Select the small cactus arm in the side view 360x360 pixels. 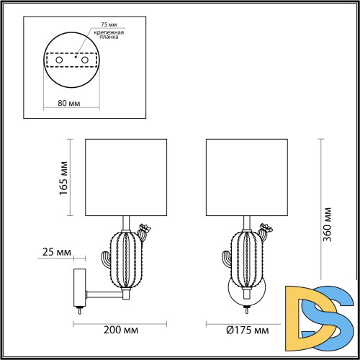(x=104, y=255)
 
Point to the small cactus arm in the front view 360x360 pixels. (x=224, y=255)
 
